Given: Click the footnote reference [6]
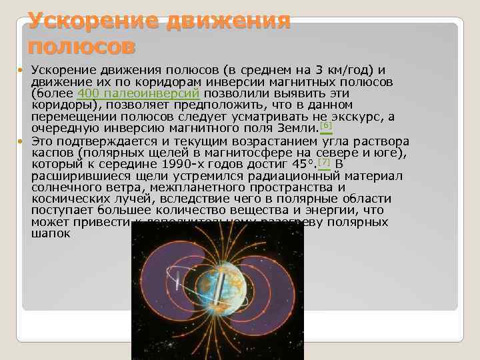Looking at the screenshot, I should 325,125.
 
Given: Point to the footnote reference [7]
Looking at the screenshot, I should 324,162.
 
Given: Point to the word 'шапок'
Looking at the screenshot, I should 51,234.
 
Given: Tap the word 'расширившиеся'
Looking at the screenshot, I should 75,176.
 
